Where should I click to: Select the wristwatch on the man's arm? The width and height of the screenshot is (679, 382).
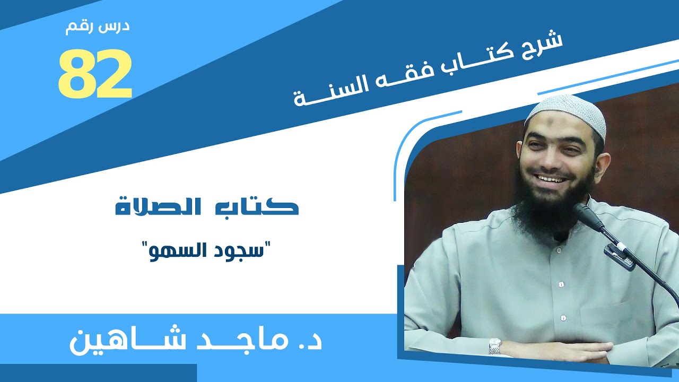click(494, 345)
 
